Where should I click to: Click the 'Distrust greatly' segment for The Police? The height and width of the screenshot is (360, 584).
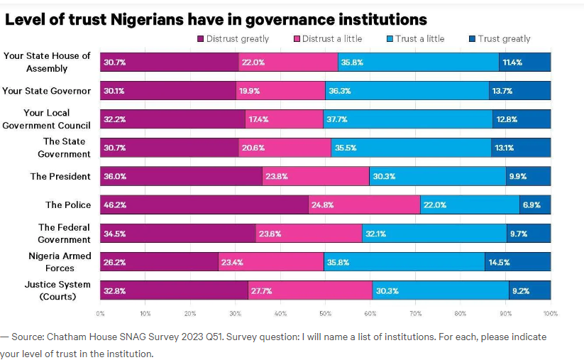pyautogui.click(x=204, y=204)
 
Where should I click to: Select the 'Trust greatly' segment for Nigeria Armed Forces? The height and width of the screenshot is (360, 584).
pyautogui.click(x=518, y=262)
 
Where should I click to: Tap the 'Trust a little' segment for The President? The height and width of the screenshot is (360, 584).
pyautogui.click(x=437, y=176)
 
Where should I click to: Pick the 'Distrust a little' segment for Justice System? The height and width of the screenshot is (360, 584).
pyautogui.click(x=310, y=290)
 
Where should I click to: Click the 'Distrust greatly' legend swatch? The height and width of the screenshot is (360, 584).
pyautogui.click(x=202, y=39)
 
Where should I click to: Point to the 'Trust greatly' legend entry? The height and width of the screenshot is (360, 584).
pyautogui.click(x=500, y=39)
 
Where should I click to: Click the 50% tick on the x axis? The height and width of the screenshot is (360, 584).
pyautogui.click(x=325, y=313)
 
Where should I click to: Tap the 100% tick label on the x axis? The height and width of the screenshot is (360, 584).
pyautogui.click(x=550, y=313)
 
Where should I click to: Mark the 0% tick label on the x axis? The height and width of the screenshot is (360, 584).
pyautogui.click(x=100, y=313)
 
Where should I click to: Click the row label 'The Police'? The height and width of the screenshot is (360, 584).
pyautogui.click(x=68, y=204)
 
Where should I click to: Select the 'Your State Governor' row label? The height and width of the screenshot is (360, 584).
pyautogui.click(x=47, y=91)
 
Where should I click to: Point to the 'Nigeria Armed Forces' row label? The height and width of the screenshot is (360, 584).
pyautogui.click(x=60, y=262)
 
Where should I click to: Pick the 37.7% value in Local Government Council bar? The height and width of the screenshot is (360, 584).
pyautogui.click(x=337, y=119)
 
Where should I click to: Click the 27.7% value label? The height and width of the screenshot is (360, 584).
pyautogui.click(x=261, y=291)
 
